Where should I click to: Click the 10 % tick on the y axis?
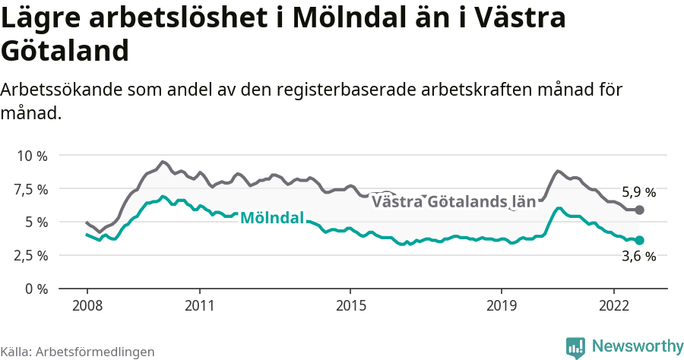click(x=33, y=156)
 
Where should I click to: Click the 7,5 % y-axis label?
click(x=31, y=189)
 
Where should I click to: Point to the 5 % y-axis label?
click(x=36, y=223)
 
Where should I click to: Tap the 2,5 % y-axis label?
click(x=31, y=256)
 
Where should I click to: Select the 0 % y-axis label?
click(x=36, y=289)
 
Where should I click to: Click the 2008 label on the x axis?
click(x=87, y=305)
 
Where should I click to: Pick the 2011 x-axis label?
click(x=199, y=305)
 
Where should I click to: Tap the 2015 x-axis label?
click(x=350, y=305)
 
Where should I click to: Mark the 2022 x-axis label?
click(x=613, y=305)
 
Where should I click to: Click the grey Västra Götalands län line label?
click(x=448, y=202)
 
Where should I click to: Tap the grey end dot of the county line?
click(x=639, y=210)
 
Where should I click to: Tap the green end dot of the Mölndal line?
click(x=639, y=240)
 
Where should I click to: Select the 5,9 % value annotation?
click(x=638, y=192)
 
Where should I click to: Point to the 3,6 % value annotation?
click(x=638, y=257)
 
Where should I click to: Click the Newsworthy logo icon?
click(x=575, y=347)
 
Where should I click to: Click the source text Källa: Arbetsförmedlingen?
click(x=78, y=352)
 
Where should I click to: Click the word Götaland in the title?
click(x=65, y=51)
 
